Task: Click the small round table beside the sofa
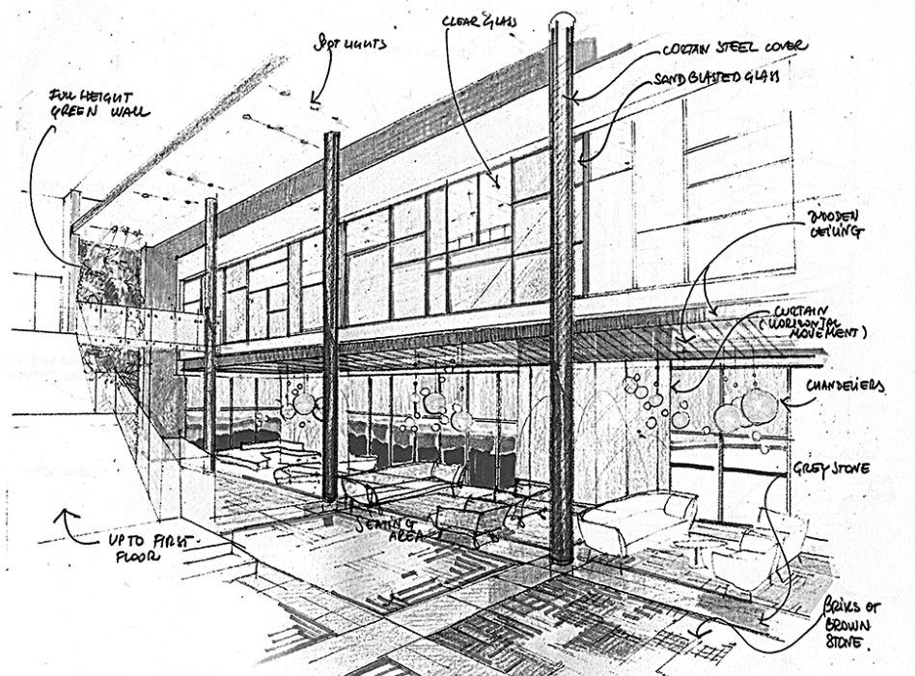pos(700,547)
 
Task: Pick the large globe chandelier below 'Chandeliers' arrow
pos(760,406)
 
